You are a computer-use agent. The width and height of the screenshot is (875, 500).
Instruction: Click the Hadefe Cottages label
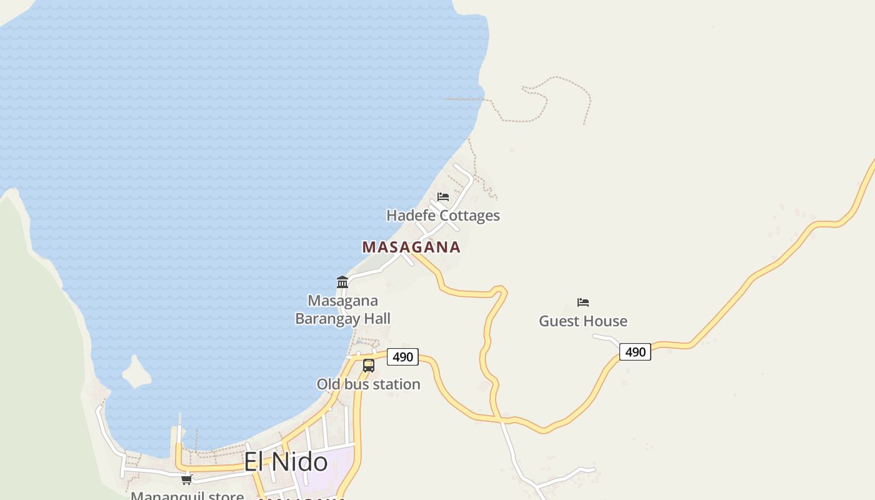pyautogui.click(x=442, y=216)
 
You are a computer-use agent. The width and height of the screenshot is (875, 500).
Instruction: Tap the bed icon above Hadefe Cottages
pyautogui.click(x=443, y=197)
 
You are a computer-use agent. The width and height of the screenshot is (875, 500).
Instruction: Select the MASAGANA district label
pyautogui.click(x=411, y=247)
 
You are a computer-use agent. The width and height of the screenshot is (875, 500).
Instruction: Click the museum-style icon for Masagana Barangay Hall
pyautogui.click(x=342, y=282)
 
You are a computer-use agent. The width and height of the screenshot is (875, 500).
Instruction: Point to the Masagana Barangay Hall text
pyautogui.click(x=342, y=310)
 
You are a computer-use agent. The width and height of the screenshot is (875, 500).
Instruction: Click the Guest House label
pyautogui.click(x=582, y=321)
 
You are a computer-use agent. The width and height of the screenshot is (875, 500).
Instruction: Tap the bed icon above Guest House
pyautogui.click(x=583, y=302)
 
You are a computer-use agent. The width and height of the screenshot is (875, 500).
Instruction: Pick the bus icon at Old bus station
pyautogui.click(x=369, y=366)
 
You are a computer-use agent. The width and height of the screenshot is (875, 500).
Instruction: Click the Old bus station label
pyautogui.click(x=368, y=384)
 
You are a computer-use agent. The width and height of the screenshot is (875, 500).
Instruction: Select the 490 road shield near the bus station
pyautogui.click(x=402, y=357)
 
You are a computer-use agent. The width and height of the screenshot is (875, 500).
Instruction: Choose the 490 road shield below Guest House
pyautogui.click(x=635, y=352)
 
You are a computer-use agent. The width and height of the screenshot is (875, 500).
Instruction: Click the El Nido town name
pyautogui.click(x=285, y=462)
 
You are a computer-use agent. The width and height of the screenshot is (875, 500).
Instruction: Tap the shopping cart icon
pyautogui.click(x=186, y=479)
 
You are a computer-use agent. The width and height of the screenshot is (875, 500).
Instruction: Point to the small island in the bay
pyautogui.click(x=136, y=372)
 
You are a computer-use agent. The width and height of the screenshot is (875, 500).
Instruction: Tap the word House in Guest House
pyautogui.click(x=602, y=321)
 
